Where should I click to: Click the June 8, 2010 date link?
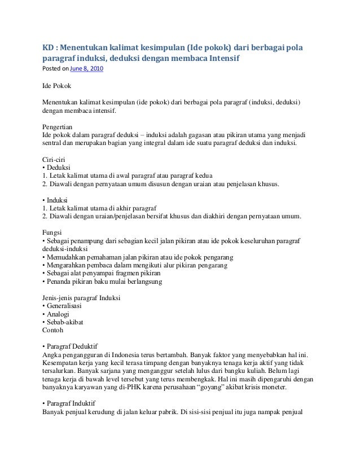[x=86, y=69]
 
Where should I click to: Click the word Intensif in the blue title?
[x=222, y=58]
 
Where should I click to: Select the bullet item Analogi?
[x=58, y=314]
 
